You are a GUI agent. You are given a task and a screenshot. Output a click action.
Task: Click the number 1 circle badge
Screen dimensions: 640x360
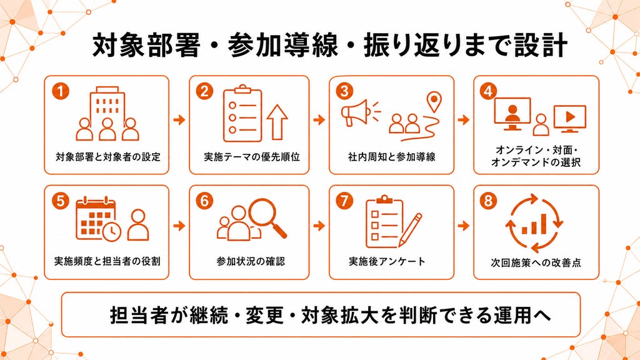tap(61, 91)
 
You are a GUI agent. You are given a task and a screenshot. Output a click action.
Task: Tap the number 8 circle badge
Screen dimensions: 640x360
tap(489, 201)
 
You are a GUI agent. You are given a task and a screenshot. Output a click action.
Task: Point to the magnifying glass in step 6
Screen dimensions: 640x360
tap(267, 217)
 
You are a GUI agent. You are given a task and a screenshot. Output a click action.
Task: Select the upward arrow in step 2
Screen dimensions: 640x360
tap(277, 122)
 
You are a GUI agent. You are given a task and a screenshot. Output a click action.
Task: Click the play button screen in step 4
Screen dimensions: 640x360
tap(570, 118)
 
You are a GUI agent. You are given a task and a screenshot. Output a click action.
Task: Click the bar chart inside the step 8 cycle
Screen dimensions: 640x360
tap(534, 225)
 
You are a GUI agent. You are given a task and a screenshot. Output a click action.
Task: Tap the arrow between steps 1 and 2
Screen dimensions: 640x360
tap(179, 120)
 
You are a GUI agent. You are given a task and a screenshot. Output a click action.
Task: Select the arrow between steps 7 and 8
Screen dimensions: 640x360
tap(463, 226)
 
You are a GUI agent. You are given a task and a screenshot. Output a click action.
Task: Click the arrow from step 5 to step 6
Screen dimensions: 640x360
tap(179, 226)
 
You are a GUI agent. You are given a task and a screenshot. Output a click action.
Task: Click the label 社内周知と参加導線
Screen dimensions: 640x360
tap(391, 157)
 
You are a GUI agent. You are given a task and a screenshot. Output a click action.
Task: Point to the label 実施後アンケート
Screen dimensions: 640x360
tap(387, 261)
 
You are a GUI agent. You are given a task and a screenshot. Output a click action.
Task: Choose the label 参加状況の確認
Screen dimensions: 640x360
tap(251, 261)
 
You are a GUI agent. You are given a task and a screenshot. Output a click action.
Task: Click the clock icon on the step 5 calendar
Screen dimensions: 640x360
tap(111, 231)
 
